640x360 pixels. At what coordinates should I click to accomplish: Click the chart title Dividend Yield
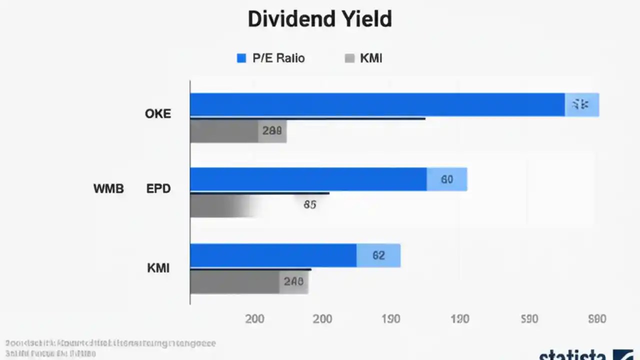click(x=319, y=19)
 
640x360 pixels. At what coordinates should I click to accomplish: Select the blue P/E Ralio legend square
click(x=241, y=58)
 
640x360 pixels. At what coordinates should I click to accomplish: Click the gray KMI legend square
click(x=349, y=58)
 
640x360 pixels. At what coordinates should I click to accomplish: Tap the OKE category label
click(x=158, y=114)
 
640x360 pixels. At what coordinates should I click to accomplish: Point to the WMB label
click(x=108, y=189)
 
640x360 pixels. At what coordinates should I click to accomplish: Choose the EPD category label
click(x=158, y=189)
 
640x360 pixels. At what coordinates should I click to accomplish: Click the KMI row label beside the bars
click(x=158, y=268)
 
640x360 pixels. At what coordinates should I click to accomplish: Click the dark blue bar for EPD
click(x=308, y=179)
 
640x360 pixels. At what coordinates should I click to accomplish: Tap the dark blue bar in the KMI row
click(x=273, y=255)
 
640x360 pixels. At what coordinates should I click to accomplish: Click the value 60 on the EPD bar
click(x=447, y=179)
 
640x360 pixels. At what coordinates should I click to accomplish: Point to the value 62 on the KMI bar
click(x=378, y=255)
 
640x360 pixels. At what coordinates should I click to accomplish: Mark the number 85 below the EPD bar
click(x=309, y=204)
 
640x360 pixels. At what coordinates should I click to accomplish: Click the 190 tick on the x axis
click(x=390, y=319)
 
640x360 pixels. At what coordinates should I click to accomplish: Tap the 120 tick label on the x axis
click(x=459, y=319)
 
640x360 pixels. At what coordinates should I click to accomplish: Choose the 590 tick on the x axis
click(x=529, y=319)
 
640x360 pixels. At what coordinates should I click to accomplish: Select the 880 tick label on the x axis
click(x=597, y=319)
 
